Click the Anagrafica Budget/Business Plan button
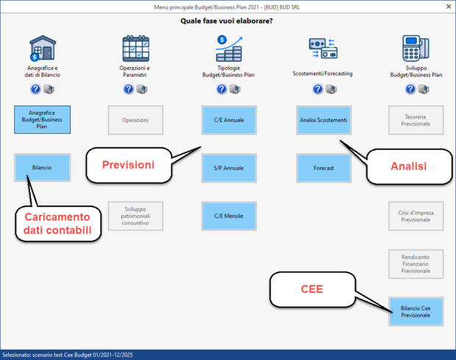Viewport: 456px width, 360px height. (42, 119)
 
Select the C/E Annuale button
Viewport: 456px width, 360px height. (229, 119)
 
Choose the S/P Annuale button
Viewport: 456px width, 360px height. (229, 168)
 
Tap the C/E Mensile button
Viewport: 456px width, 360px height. (229, 216)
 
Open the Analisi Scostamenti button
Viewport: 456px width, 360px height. (324, 119)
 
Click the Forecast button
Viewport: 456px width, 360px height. (324, 168)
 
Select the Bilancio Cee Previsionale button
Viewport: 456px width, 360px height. (416, 311)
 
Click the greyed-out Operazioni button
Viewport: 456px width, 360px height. (135, 119)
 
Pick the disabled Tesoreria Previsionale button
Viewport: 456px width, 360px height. (416, 119)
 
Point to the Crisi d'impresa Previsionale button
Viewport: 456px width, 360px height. (416, 216)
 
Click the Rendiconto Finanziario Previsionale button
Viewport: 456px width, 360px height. (416, 264)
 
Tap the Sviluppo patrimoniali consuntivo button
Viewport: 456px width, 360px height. (135, 216)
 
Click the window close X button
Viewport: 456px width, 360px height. (446, 6)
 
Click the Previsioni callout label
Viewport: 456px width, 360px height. (128, 165)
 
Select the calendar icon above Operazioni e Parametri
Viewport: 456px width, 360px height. (135, 49)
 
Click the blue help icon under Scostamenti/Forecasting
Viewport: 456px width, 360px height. (318, 89)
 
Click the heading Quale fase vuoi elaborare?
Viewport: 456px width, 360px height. (227, 21)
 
